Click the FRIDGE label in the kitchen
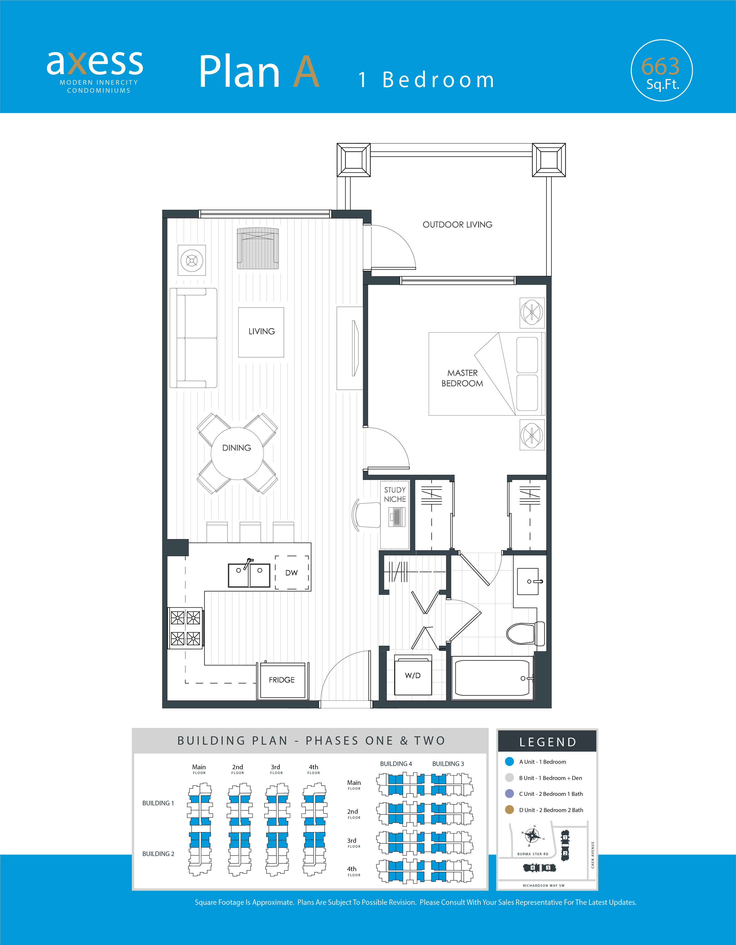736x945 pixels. click(282, 680)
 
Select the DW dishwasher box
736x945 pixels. click(292, 572)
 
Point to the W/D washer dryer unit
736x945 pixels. click(413, 675)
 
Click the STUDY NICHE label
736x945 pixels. click(395, 494)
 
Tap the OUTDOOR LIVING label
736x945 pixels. click(457, 225)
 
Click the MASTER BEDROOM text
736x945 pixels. click(462, 378)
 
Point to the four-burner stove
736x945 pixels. click(185, 628)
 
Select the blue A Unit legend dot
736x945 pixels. click(510, 762)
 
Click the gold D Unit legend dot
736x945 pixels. click(510, 810)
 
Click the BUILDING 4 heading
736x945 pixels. click(396, 764)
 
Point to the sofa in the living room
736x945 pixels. click(193, 338)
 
